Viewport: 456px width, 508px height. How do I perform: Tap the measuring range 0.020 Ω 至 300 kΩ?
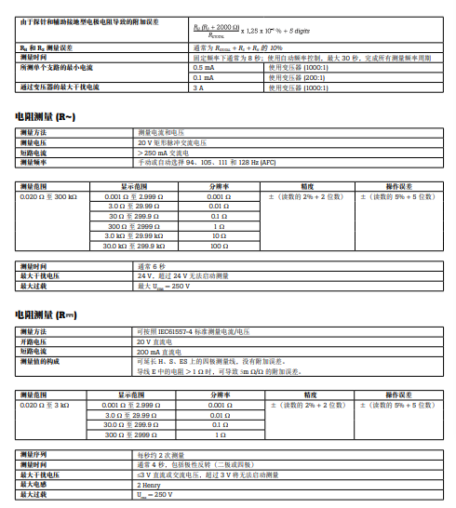click(x=45, y=198)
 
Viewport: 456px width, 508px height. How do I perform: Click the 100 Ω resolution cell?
click(x=218, y=247)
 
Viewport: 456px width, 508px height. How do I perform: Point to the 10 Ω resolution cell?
click(x=218, y=236)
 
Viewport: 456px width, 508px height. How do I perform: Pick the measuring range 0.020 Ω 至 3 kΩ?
click(x=43, y=407)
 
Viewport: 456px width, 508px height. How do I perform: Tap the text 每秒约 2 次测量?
click(x=163, y=454)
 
